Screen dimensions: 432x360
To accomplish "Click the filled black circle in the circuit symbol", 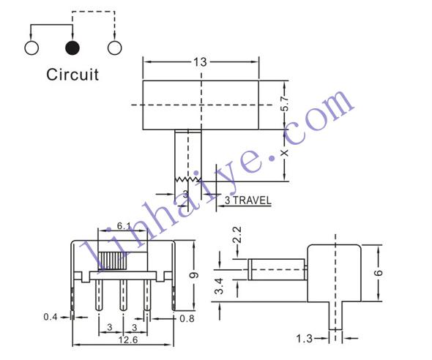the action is pyautogui.click(x=72, y=48).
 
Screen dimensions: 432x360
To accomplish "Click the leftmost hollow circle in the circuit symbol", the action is pyautogui.click(x=31, y=48).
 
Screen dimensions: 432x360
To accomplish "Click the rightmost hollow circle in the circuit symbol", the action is pyautogui.click(x=115, y=48).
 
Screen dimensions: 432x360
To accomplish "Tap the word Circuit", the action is pyautogui.click(x=72, y=75).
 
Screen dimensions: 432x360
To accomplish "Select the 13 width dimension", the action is pyautogui.click(x=200, y=62).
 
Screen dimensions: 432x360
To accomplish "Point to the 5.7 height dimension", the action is pyautogui.click(x=285, y=103).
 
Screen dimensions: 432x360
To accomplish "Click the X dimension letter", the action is pyautogui.click(x=285, y=153).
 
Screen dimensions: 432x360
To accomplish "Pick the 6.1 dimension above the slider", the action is pyautogui.click(x=124, y=226).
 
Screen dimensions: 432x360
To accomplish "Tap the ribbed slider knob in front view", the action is pyautogui.click(x=113, y=260).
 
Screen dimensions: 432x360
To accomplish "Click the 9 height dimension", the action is pyautogui.click(x=194, y=275).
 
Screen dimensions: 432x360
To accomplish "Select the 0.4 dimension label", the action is pyautogui.click(x=51, y=317).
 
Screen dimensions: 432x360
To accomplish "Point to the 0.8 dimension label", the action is pyautogui.click(x=187, y=319).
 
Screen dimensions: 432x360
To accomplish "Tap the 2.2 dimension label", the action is pyautogui.click(x=237, y=234).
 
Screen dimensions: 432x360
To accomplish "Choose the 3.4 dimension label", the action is pyautogui.click(x=220, y=286).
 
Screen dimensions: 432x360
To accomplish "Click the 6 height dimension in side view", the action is pyautogui.click(x=379, y=272).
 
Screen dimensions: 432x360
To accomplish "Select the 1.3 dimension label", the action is pyautogui.click(x=305, y=339).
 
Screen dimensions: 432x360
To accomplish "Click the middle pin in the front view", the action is pyautogui.click(x=123, y=295).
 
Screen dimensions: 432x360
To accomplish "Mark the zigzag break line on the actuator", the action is pyautogui.click(x=188, y=180).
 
